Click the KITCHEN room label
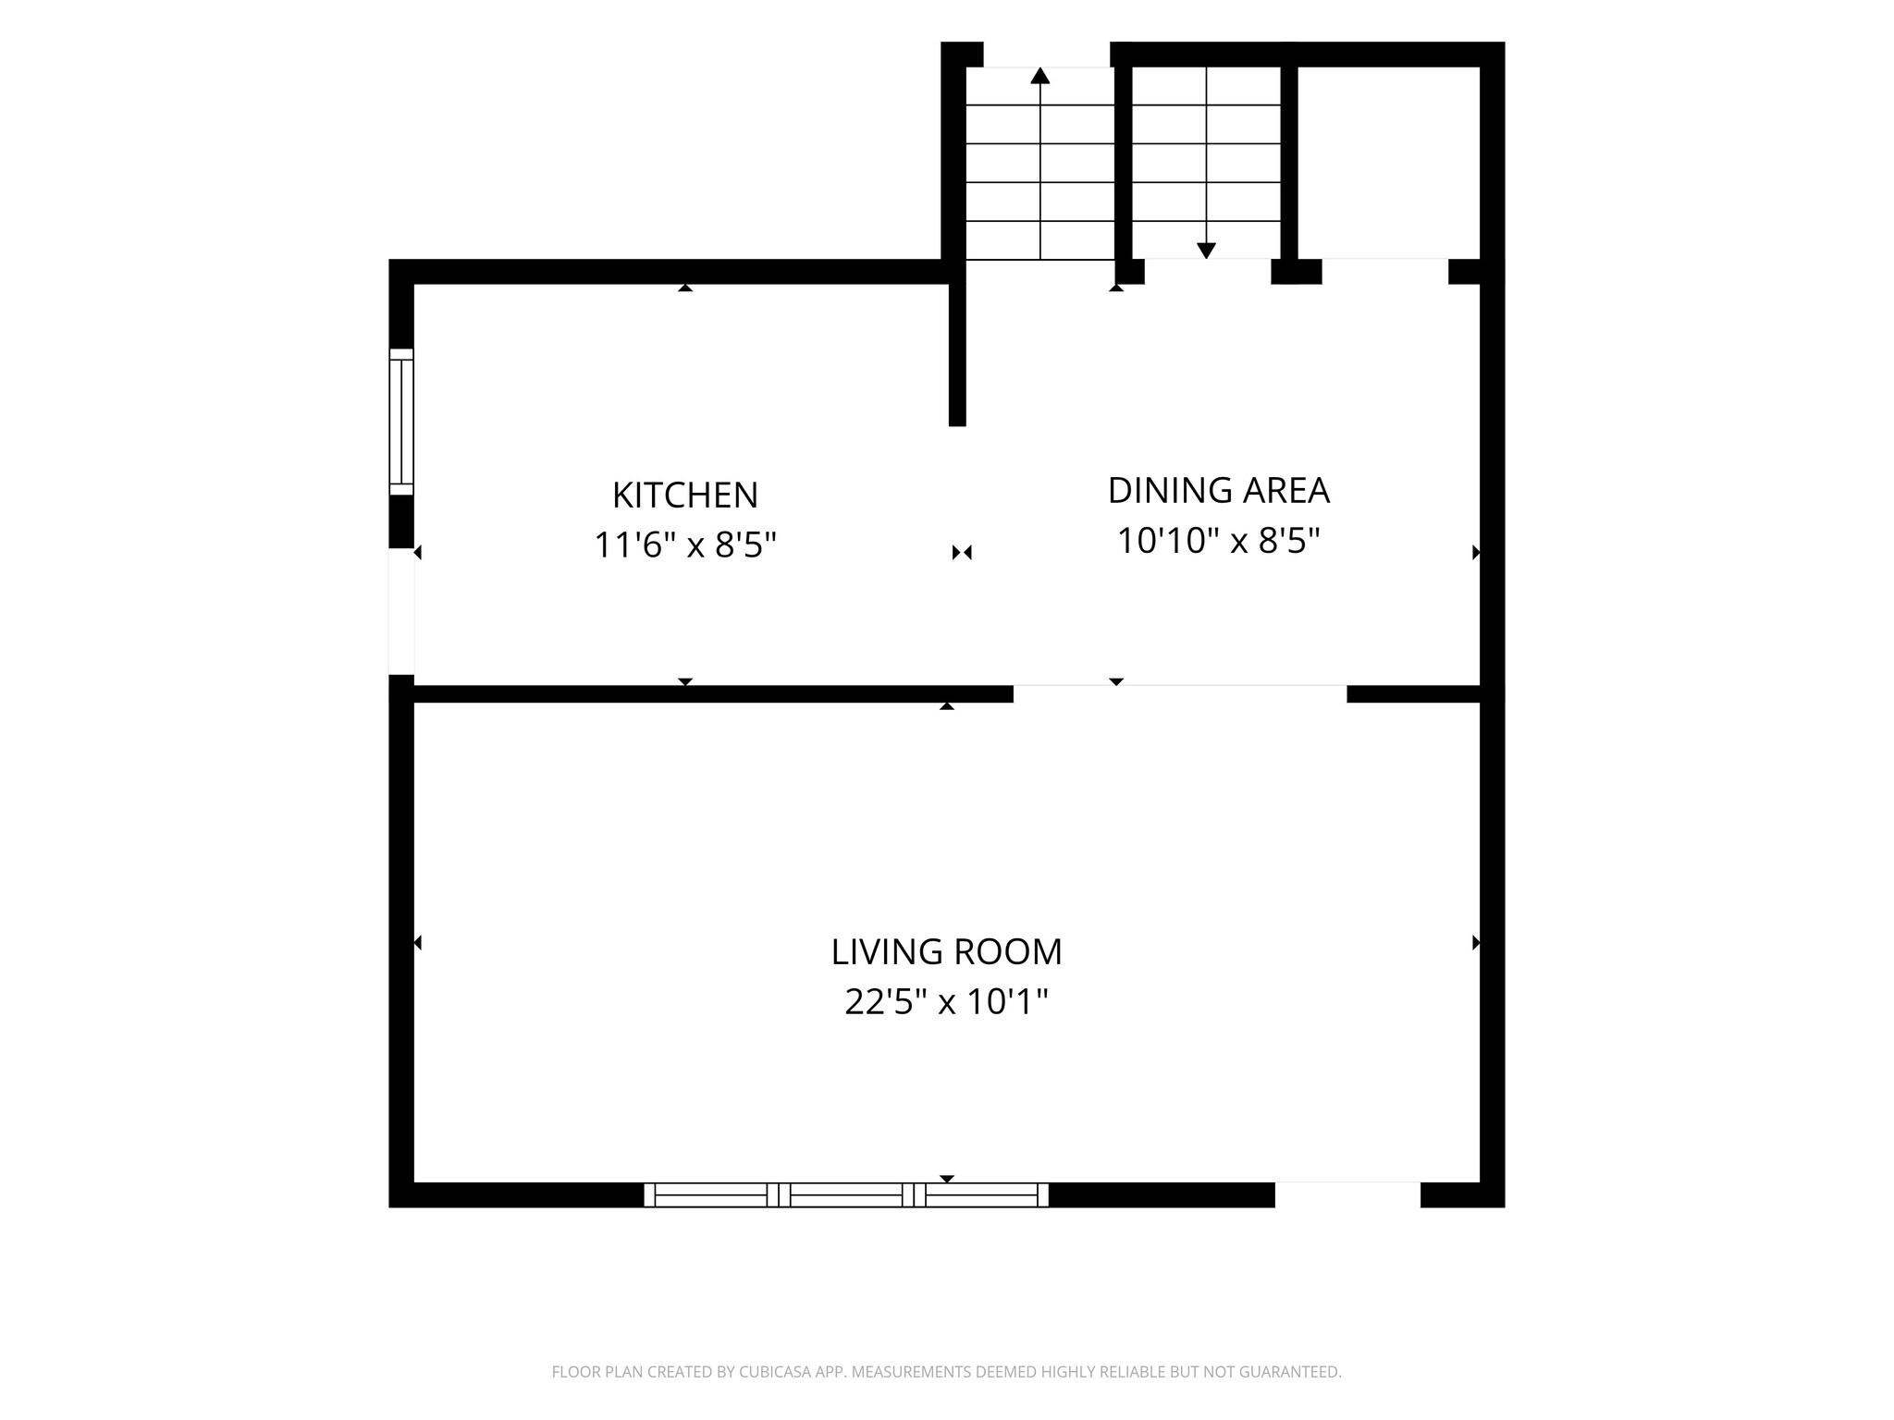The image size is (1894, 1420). tap(684, 496)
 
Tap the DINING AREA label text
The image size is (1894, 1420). tap(1218, 491)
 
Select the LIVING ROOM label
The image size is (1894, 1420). tap(946, 952)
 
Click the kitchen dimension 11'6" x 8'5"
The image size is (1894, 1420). tap(684, 545)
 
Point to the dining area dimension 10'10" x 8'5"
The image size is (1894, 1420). tap(1218, 541)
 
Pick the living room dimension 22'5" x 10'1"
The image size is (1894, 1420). tap(946, 1001)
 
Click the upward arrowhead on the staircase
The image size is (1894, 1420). tap(1040, 76)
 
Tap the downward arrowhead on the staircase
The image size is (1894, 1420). tap(1206, 251)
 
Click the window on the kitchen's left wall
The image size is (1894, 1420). tap(401, 422)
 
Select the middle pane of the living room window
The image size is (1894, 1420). tap(846, 1194)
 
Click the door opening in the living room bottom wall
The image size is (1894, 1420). tap(1347, 1194)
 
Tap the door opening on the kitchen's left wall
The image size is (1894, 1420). tap(401, 611)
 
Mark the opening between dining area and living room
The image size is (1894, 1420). tap(1180, 693)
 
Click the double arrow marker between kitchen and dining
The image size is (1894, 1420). tap(962, 553)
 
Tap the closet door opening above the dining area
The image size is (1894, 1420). tap(1385, 272)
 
